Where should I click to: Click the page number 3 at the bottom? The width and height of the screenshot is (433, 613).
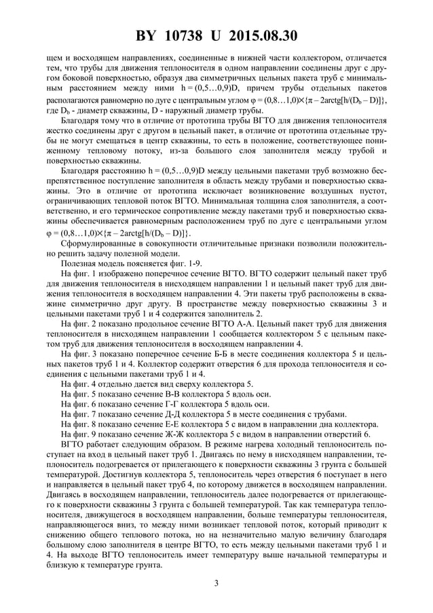click(x=216, y=582)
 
